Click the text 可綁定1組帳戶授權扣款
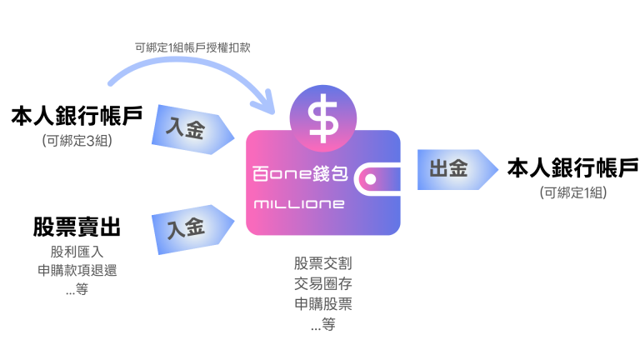192,48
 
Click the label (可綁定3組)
77,141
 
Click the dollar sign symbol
322,118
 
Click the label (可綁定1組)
572,192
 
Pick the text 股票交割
323,263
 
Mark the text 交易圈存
323,284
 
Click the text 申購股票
323,304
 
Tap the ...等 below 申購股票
323,325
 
